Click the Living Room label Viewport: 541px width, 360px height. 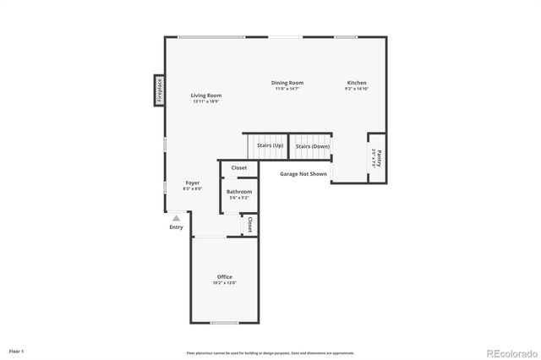click(x=206, y=95)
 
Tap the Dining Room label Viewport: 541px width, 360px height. click(x=287, y=83)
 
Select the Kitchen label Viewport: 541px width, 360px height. click(x=357, y=83)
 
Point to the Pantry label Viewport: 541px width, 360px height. click(x=378, y=157)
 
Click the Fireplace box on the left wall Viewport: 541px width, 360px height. click(x=159, y=90)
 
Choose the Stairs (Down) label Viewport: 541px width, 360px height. click(x=313, y=146)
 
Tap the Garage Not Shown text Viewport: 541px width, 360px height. click(x=303, y=174)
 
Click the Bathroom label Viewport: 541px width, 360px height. click(x=239, y=192)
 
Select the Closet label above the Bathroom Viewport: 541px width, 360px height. click(x=239, y=168)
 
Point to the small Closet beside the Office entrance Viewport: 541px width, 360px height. click(x=250, y=225)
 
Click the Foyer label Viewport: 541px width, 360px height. click(x=193, y=183)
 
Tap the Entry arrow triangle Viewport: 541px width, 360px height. click(x=176, y=218)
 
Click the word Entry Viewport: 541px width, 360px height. click(x=176, y=226)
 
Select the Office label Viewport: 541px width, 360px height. click(x=224, y=277)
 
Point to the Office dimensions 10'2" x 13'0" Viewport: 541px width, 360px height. click(x=224, y=283)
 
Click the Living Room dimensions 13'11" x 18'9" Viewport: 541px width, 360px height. click(x=206, y=101)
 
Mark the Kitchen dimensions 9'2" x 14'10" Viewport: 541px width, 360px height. click(x=357, y=89)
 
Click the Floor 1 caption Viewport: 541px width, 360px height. click(x=17, y=351)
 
